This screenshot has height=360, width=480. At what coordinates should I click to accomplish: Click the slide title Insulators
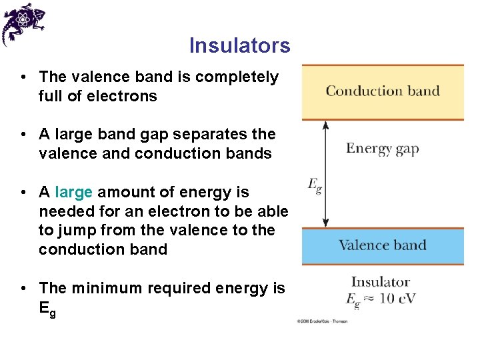click(239, 45)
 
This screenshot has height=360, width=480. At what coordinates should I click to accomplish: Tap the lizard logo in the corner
click(23, 23)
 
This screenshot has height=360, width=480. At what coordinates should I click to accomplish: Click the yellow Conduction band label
click(382, 91)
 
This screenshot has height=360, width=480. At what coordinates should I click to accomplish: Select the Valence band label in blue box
click(382, 245)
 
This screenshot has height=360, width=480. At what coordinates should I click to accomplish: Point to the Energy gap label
click(382, 148)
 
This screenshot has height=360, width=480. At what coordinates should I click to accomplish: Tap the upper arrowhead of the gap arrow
click(325, 125)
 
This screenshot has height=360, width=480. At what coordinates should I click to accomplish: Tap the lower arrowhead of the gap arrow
click(325, 224)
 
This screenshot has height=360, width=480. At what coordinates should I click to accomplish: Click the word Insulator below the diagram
click(380, 282)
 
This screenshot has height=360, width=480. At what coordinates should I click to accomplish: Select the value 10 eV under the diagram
click(397, 299)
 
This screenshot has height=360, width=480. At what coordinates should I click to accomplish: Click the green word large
click(73, 192)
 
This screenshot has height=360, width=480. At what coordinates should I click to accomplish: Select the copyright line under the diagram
click(322, 321)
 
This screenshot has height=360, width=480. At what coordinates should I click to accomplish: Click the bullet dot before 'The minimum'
click(23, 288)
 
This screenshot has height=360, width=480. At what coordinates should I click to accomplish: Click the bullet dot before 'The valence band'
click(23, 77)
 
